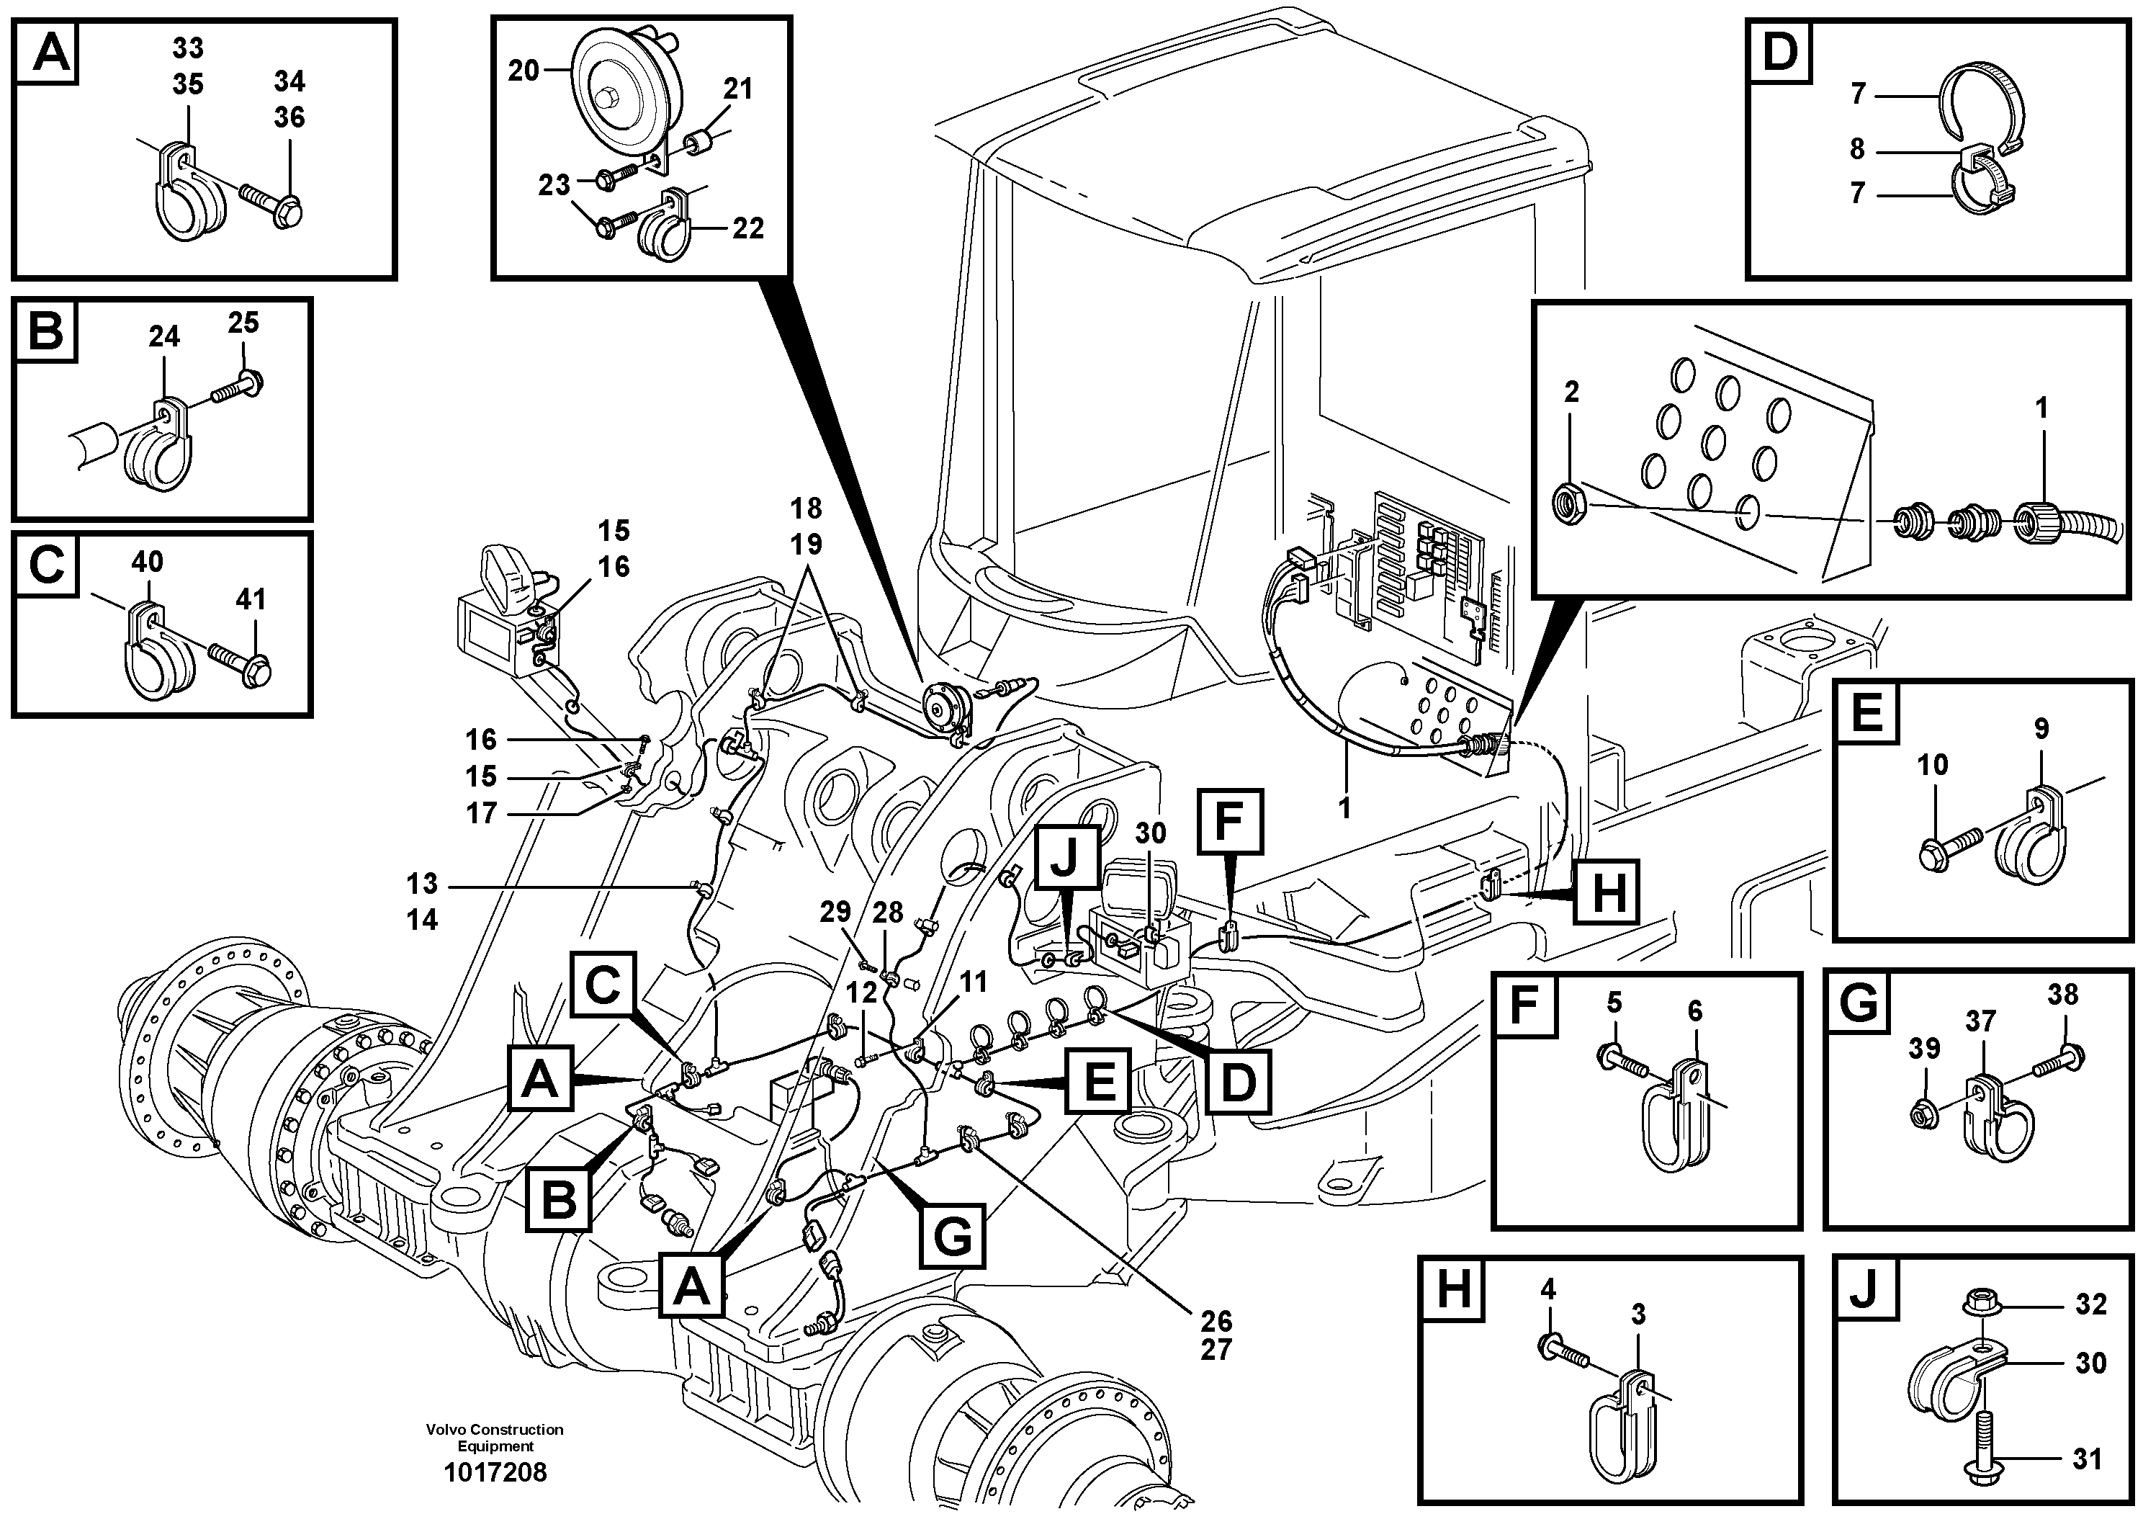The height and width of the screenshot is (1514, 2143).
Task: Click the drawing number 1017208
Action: (495, 1473)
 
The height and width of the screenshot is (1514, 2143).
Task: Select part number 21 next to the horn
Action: (737, 89)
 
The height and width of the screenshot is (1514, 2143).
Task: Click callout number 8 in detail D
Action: (1857, 149)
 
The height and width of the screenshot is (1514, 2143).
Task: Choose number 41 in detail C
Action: (250, 599)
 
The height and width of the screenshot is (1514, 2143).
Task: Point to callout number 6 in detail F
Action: (1695, 1011)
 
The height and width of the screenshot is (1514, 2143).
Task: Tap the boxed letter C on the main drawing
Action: (603, 985)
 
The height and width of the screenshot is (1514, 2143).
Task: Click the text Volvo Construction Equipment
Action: (495, 1438)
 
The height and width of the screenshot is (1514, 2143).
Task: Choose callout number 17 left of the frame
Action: (481, 813)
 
